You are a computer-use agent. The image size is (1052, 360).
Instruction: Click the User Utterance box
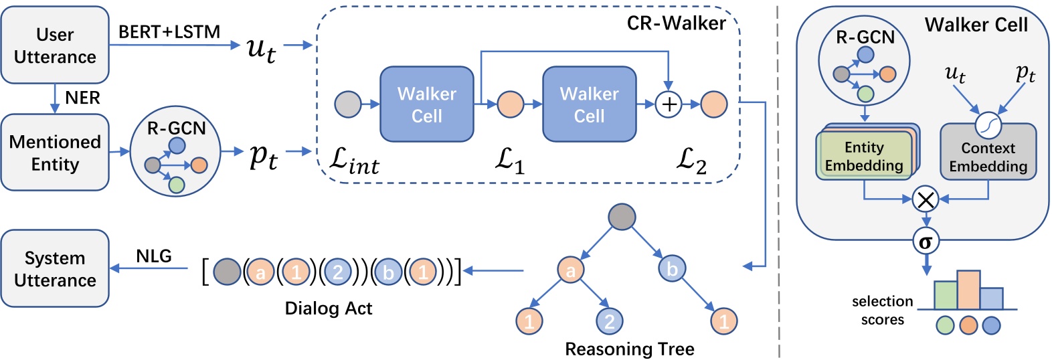(x=55, y=46)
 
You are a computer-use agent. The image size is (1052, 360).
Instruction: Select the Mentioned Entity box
(x=55, y=153)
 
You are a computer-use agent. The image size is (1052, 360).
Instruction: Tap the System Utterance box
(x=55, y=269)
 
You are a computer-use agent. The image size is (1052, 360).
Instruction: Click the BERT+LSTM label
(x=169, y=31)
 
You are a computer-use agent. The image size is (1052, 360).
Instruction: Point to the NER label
(x=82, y=98)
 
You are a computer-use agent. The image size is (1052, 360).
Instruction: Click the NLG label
(x=154, y=256)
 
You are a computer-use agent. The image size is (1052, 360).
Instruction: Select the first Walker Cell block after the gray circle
(x=426, y=104)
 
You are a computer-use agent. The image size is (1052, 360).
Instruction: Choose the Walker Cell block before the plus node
(x=589, y=104)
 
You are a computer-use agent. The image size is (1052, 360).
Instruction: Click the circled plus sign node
(x=669, y=104)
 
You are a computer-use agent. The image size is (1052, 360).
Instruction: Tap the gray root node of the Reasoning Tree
(x=622, y=217)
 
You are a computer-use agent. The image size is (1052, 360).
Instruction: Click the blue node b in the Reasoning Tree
(x=672, y=269)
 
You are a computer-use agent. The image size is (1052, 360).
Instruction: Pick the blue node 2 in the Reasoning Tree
(x=609, y=322)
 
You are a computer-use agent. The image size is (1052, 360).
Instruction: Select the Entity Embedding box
(x=864, y=156)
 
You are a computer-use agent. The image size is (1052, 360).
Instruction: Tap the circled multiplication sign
(x=926, y=199)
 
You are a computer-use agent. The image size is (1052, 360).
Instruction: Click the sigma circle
(x=926, y=242)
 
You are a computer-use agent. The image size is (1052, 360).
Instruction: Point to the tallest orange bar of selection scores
(x=968, y=290)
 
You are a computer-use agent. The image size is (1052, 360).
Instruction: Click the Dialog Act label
(x=328, y=308)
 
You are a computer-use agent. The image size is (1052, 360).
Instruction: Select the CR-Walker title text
(x=676, y=23)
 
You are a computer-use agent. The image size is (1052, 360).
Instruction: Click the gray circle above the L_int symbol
(x=348, y=104)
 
